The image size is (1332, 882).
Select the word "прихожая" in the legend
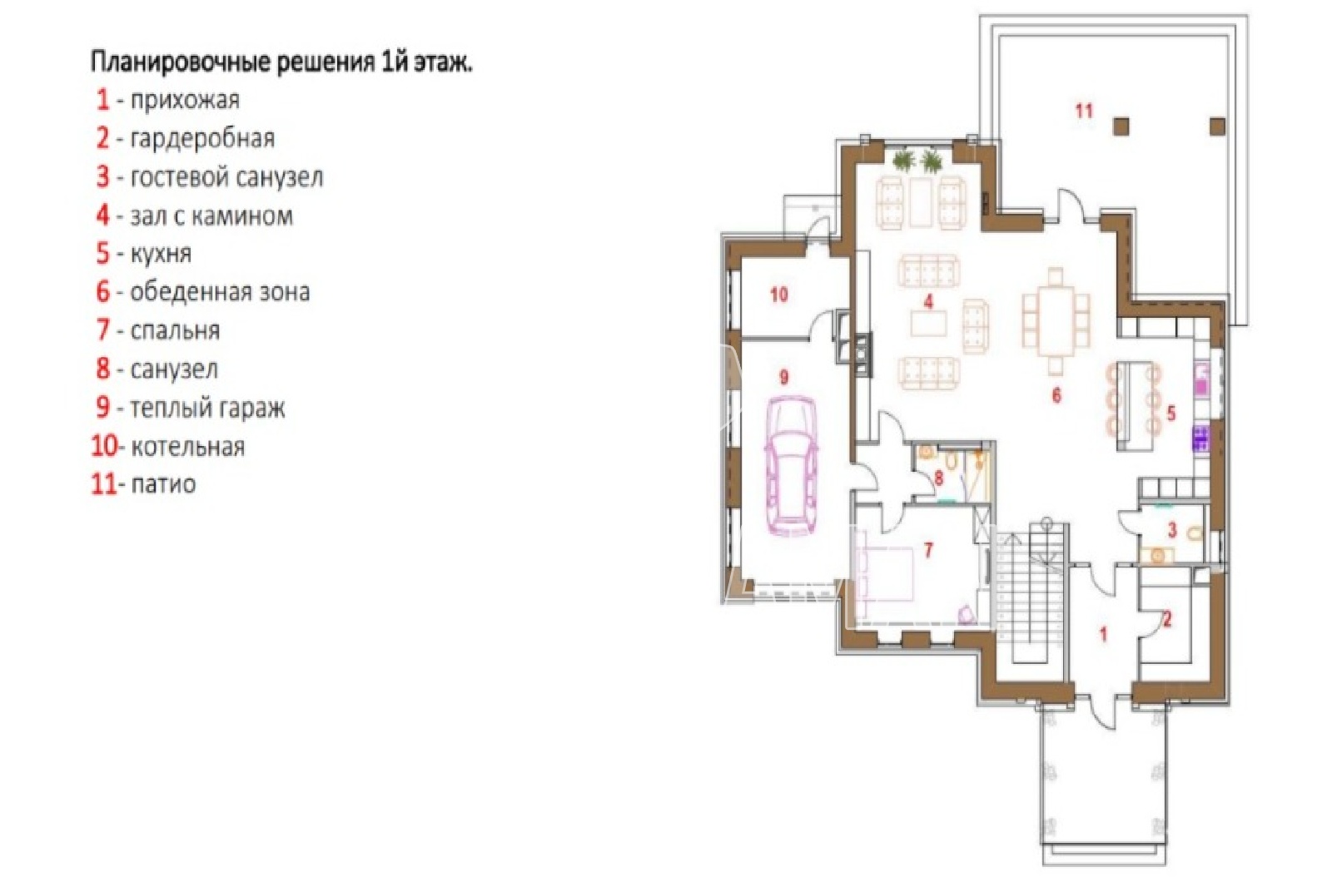pos(185,100)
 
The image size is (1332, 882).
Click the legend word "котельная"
pos(187,446)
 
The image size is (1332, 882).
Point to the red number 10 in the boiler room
pos(779,295)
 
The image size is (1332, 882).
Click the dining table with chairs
pos(1056,321)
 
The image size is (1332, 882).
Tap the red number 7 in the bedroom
pos(927,551)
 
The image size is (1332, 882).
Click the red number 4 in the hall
pos(927,303)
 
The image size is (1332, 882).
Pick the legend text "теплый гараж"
pos(207,408)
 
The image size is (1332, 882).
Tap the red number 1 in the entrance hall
pos(1103,635)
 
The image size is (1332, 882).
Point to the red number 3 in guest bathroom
pos(1172,530)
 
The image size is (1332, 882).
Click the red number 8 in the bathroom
pos(939,478)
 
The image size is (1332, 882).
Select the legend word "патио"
pos(163,484)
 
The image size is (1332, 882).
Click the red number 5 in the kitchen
pos(1170,414)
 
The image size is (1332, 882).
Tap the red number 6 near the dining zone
pos(1056,395)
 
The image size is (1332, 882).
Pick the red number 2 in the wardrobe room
pos(1166,620)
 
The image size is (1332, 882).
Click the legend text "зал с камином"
pos(211,216)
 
